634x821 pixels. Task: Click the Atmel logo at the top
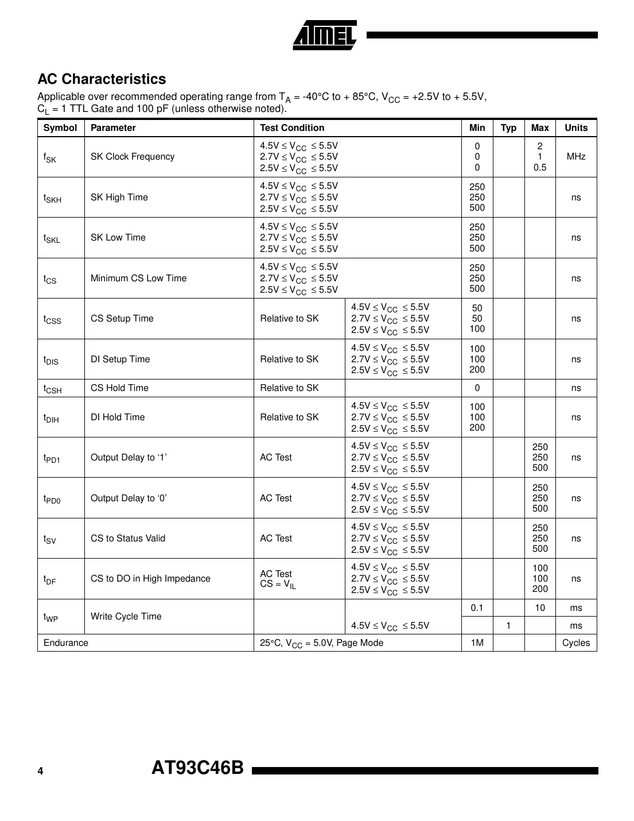325,36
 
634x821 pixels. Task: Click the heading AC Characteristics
102,79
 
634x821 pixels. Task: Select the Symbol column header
60,128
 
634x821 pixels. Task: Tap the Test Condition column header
292,128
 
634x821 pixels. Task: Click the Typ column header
508,128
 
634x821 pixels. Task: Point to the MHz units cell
575,157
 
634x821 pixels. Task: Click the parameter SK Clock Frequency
133,157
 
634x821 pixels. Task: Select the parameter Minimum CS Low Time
138,278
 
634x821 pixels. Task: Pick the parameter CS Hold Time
119,388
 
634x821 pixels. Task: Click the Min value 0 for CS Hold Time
477,388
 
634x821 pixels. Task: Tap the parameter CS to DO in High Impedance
150,579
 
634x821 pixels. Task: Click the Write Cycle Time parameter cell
126,617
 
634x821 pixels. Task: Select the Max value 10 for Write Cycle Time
539,608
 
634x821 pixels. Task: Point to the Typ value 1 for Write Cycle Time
508,626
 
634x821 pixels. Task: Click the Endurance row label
66,643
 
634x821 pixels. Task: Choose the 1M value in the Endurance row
477,643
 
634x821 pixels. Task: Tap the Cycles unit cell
575,643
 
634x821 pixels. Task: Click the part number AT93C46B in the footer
197,768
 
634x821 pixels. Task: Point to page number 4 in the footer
40,771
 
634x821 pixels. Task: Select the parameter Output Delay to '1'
129,458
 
